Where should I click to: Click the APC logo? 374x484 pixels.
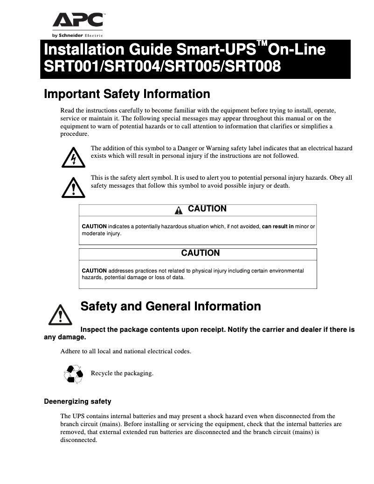tap(77, 21)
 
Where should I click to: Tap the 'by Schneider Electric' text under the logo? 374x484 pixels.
tap(77, 35)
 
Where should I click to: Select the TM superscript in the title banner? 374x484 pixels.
tap(263, 43)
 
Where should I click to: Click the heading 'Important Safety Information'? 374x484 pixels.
tap(127, 94)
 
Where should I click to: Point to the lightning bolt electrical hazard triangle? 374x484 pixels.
tap(73, 158)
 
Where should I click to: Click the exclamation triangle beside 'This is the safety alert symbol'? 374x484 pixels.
tap(73, 187)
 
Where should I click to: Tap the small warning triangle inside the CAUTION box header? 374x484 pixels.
tap(179, 210)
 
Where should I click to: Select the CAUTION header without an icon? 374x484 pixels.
tap(200, 253)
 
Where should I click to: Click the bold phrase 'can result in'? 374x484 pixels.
tap(278, 226)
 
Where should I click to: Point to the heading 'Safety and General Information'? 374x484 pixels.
tap(171, 307)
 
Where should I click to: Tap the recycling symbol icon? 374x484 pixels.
tap(73, 373)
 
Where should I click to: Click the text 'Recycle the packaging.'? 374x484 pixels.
tap(122, 373)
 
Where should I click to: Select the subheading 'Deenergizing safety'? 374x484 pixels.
tap(77, 401)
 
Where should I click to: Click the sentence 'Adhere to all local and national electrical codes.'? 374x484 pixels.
tap(125, 351)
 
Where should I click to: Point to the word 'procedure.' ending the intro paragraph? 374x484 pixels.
tap(75, 134)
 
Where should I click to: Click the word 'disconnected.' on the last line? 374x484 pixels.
tap(79, 440)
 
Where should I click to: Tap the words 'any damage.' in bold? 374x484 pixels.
tap(65, 337)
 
